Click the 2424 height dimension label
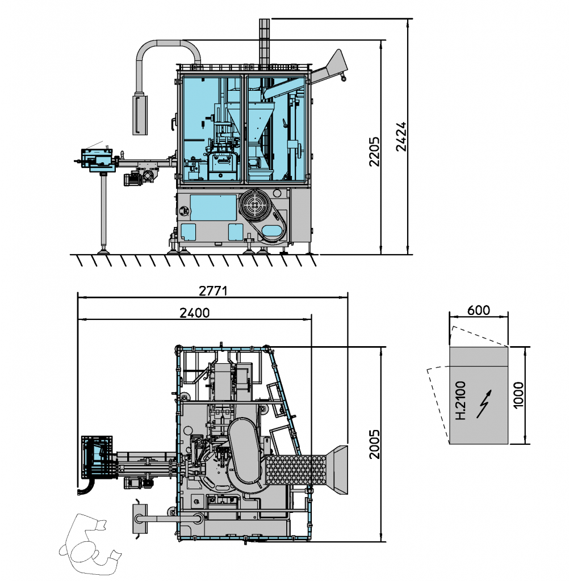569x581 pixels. (x=401, y=136)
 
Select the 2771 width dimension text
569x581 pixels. (x=213, y=290)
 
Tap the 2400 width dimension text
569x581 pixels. (x=194, y=312)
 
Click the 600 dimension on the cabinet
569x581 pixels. (x=478, y=310)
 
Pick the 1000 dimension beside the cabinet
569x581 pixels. (x=518, y=396)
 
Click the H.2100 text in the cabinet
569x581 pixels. (x=461, y=401)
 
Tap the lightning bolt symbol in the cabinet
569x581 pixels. (x=483, y=403)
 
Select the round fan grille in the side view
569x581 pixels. (x=254, y=205)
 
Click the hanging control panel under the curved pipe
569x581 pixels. (x=140, y=115)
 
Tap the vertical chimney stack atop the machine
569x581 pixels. (x=264, y=43)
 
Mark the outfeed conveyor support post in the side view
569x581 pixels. (x=103, y=210)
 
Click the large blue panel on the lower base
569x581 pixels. (x=213, y=207)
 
